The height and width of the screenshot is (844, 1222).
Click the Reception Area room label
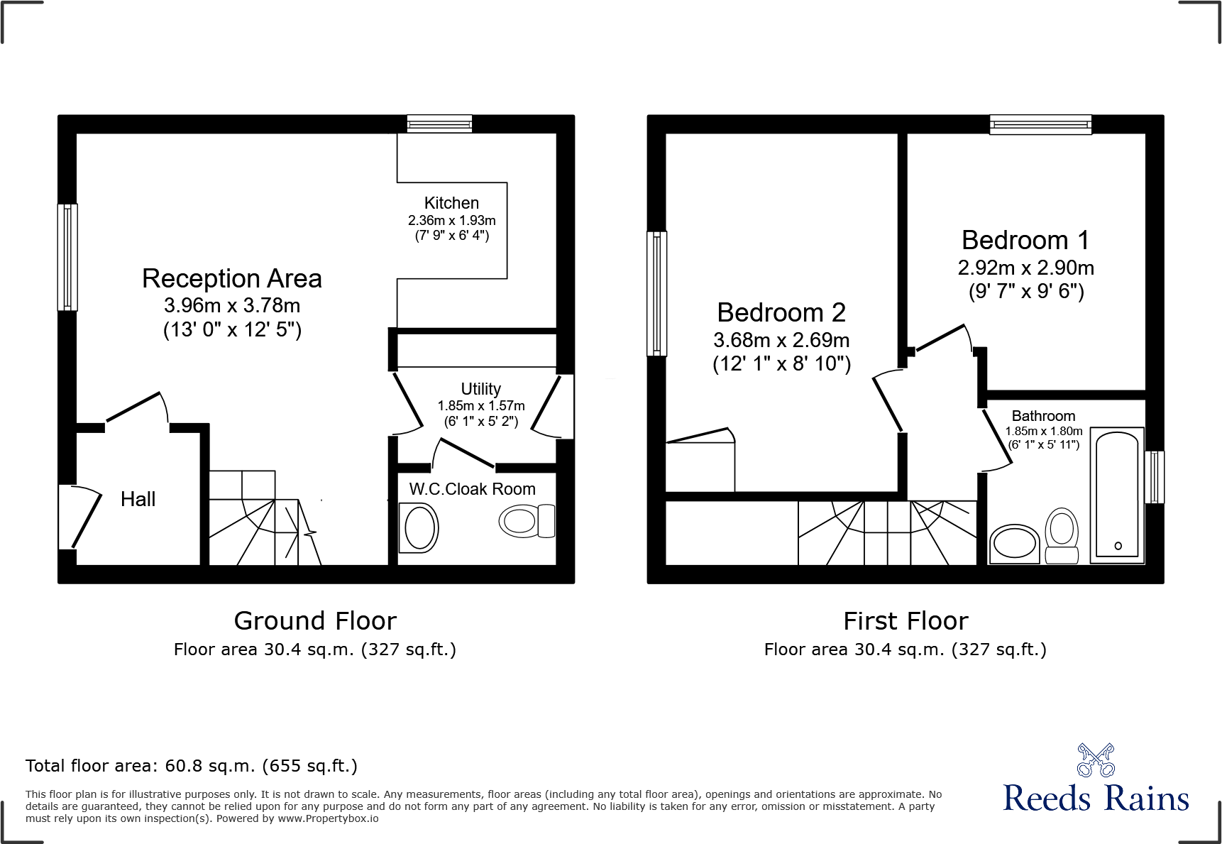coord(232,279)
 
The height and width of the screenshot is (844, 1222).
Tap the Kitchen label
coord(451,203)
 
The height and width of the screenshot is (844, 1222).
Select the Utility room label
coord(480,389)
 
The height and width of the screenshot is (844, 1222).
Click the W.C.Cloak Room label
coord(472,489)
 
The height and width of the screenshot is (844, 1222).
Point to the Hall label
coord(138,499)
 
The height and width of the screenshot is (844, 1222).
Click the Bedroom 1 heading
coord(1025,240)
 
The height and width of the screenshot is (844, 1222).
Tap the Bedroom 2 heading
coord(781,312)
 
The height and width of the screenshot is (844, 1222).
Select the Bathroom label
coord(1043,416)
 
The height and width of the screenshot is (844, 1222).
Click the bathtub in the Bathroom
coord(1116,494)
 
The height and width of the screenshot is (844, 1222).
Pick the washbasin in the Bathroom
coord(1014,544)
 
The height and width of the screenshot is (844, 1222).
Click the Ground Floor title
coord(315,621)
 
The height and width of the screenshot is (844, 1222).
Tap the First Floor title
coord(906,621)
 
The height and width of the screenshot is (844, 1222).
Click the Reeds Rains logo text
coord(1096,799)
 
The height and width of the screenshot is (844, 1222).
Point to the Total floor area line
coord(192,766)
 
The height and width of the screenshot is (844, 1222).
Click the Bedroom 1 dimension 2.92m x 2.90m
coord(1025,268)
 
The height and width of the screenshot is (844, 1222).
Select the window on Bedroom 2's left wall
coord(657,293)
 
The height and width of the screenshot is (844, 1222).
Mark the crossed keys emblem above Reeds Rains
coord(1096,760)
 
